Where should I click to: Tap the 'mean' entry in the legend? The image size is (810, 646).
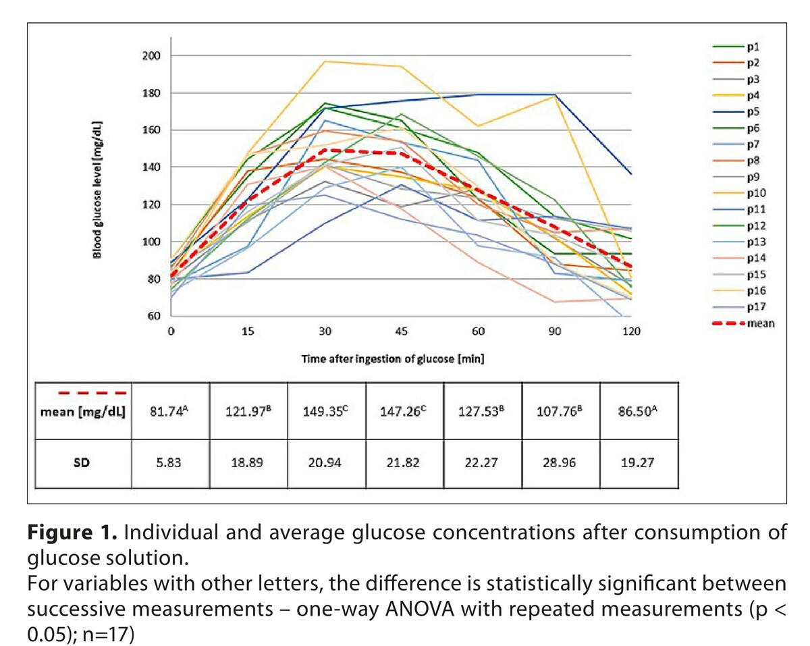(x=759, y=323)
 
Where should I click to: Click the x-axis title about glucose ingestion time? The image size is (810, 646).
(x=393, y=359)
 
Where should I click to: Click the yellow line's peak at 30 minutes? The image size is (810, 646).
(x=325, y=61)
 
